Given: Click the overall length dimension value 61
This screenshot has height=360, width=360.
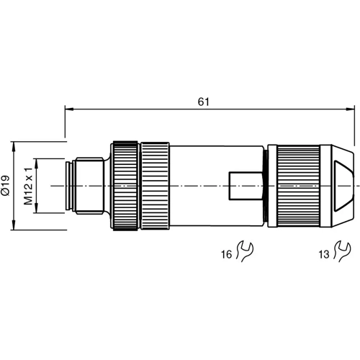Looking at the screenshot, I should click(x=204, y=102).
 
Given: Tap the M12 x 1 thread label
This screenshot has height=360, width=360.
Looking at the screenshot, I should click(x=29, y=186).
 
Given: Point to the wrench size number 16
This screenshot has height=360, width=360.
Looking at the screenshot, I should click(x=227, y=253).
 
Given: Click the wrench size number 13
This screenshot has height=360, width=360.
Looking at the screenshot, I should click(x=324, y=253).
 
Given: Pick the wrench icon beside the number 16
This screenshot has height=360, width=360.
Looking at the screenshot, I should click(x=246, y=252).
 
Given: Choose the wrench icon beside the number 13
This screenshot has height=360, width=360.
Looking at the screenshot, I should click(x=343, y=252).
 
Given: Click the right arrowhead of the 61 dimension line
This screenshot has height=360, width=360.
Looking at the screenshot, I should click(x=351, y=109).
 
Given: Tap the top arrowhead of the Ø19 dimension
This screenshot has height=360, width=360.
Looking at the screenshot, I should click(x=14, y=143).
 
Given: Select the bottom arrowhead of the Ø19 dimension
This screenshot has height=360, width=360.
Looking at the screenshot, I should click(x=14, y=228).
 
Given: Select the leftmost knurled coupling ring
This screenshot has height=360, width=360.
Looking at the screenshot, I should click(x=125, y=186).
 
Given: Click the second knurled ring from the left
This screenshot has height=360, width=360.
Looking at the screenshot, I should click(x=155, y=186).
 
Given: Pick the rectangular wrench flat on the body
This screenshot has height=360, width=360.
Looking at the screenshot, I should click(x=245, y=186).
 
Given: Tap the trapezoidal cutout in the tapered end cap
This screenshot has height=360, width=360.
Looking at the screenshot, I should click(x=343, y=186).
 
